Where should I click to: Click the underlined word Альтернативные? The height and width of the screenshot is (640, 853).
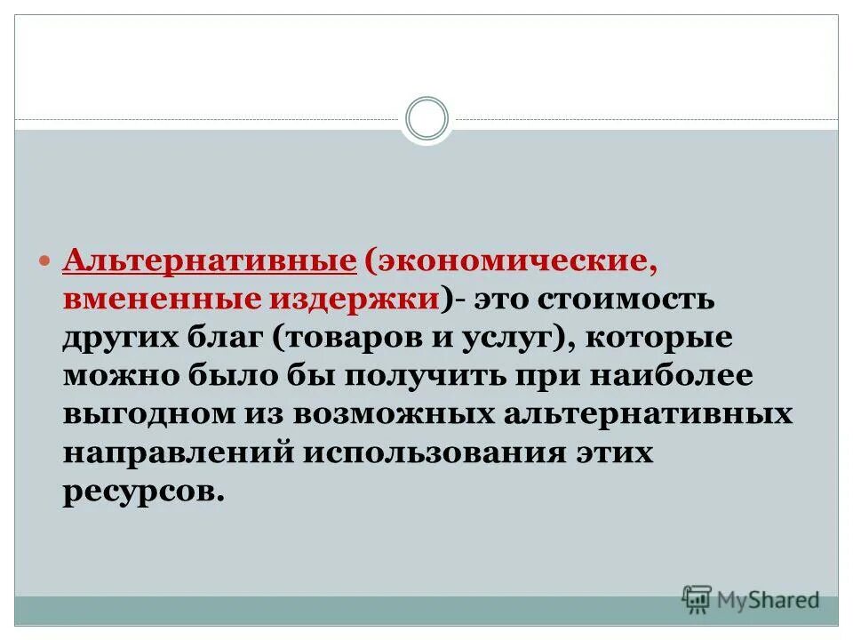pyautogui.click(x=209, y=261)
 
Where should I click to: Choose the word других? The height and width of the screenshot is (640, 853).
pyautogui.click(x=122, y=339)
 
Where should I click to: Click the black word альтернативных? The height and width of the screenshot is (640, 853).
pyautogui.click(x=646, y=414)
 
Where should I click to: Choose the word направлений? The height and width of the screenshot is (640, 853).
pyautogui.click(x=179, y=452)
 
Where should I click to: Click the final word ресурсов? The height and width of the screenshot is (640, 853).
pyautogui.click(x=140, y=490)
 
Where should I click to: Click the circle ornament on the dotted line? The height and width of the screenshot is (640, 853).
pyautogui.click(x=426, y=119)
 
